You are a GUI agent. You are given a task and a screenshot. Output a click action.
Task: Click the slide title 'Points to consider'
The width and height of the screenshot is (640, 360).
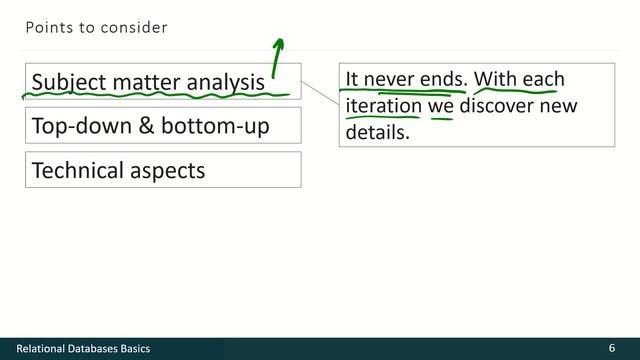(x=96, y=28)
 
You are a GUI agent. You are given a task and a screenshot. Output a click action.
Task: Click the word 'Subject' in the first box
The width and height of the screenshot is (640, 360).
(x=66, y=82)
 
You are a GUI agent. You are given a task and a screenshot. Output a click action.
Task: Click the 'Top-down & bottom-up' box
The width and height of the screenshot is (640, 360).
(x=163, y=126)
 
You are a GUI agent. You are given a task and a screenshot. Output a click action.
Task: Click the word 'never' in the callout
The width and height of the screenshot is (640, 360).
(x=391, y=79)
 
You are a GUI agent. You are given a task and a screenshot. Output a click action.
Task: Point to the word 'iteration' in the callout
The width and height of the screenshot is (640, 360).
(x=383, y=105)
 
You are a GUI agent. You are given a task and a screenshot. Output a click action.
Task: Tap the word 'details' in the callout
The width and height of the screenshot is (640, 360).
(x=378, y=131)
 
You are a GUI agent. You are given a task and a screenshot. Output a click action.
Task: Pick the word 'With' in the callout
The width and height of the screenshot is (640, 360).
(x=494, y=79)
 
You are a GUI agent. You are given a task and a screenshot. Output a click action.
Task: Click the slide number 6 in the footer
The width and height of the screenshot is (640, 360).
(x=611, y=348)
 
